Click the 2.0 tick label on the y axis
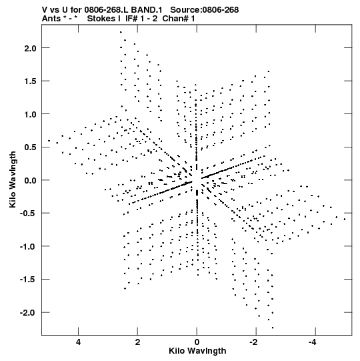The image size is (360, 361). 31,48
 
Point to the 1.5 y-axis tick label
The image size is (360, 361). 31,81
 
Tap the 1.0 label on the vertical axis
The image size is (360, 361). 31,114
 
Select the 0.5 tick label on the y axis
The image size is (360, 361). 31,147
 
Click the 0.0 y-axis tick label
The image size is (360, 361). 31,180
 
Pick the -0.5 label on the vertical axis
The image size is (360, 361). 28,214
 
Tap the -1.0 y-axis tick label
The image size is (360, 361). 28,247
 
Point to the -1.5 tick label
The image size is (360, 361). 28,280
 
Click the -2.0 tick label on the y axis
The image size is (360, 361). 28,313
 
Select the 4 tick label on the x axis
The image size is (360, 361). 79,342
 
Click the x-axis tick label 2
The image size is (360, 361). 137,342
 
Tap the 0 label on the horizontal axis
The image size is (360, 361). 197,342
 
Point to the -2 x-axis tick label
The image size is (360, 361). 254,342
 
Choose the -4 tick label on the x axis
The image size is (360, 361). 313,342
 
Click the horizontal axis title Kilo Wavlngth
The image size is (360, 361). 197,351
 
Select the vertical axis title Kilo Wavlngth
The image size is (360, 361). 13,179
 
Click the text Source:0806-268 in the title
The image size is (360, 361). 205,10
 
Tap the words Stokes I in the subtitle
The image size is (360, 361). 104,19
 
